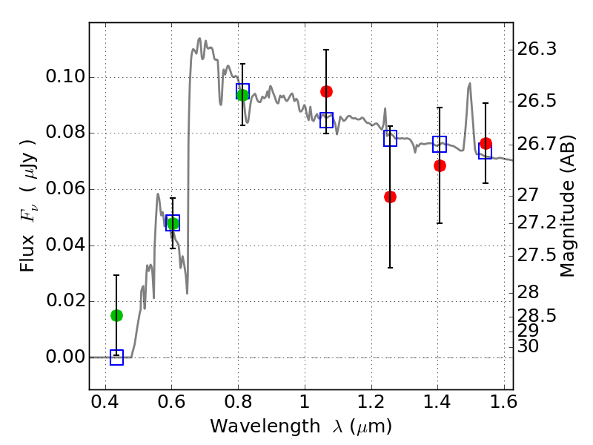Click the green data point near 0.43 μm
(x=116, y=315)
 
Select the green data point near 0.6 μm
(x=173, y=223)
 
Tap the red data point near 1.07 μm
(x=326, y=91)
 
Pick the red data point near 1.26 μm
(x=390, y=197)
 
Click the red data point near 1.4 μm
(x=440, y=165)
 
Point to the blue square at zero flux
(x=116, y=357)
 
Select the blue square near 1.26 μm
(x=390, y=138)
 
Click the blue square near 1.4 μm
(x=440, y=145)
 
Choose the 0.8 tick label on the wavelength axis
(x=238, y=404)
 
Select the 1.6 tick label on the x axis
(x=503, y=404)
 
